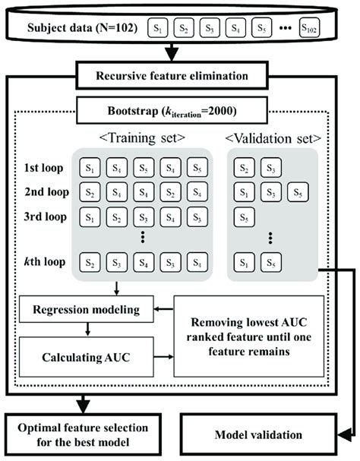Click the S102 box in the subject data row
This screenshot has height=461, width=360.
[309, 28]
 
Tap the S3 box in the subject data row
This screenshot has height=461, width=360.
[210, 28]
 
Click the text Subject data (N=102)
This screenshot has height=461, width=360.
[82, 28]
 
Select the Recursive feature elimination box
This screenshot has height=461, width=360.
[172, 75]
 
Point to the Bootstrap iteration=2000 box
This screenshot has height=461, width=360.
[172, 111]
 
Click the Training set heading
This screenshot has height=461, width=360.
[142, 137]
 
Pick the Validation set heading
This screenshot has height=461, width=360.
[273, 138]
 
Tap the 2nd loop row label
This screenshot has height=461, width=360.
[47, 192]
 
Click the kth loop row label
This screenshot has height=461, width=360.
[45, 261]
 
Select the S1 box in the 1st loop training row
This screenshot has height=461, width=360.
[90, 168]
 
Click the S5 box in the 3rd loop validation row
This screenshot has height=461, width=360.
[244, 217]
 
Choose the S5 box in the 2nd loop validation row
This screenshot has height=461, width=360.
[298, 192]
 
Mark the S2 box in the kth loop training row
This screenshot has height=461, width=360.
[90, 262]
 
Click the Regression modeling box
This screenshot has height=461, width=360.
[87, 309]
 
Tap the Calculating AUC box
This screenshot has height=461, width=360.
[87, 357]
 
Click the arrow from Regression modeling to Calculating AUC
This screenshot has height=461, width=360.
[87, 330]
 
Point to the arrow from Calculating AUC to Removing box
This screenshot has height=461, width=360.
[164, 357]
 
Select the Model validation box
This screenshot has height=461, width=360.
[258, 434]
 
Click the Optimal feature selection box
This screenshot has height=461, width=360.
[83, 434]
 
